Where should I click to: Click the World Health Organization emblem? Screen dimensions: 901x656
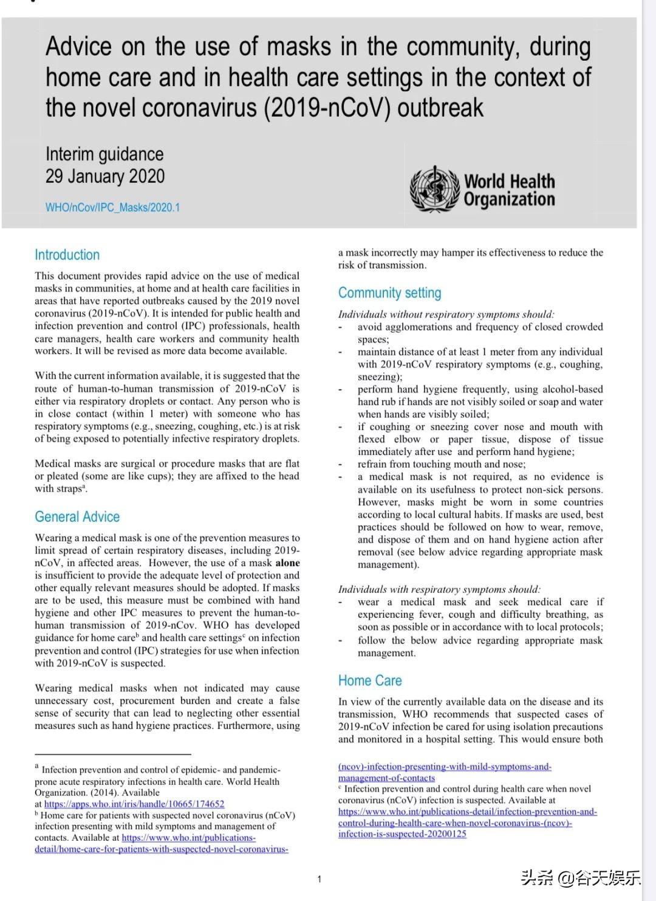click(434, 189)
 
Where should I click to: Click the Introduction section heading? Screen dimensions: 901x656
click(67, 255)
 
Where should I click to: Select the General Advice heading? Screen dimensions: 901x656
click(77, 517)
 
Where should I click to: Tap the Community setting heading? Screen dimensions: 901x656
click(389, 293)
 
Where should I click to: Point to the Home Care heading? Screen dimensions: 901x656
click(370, 681)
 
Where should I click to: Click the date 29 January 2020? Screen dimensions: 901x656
click(105, 177)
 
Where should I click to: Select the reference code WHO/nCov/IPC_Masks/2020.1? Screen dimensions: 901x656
click(112, 208)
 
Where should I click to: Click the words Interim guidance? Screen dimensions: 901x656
click(104, 154)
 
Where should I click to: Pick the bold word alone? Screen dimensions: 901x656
click(287, 563)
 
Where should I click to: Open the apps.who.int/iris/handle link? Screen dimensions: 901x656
click(134, 804)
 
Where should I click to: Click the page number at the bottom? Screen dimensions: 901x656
click(319, 879)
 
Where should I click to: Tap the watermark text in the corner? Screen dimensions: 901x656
click(580, 878)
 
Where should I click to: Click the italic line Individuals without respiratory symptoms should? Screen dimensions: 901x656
click(446, 315)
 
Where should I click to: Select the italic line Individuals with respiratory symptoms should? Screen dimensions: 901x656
click(439, 589)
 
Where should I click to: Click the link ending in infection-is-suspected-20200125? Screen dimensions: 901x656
click(402, 834)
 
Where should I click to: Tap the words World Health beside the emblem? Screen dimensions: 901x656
click(509, 182)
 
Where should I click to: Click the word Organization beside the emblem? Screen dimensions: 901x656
click(509, 199)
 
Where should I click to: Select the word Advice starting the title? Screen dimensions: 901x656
click(79, 47)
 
